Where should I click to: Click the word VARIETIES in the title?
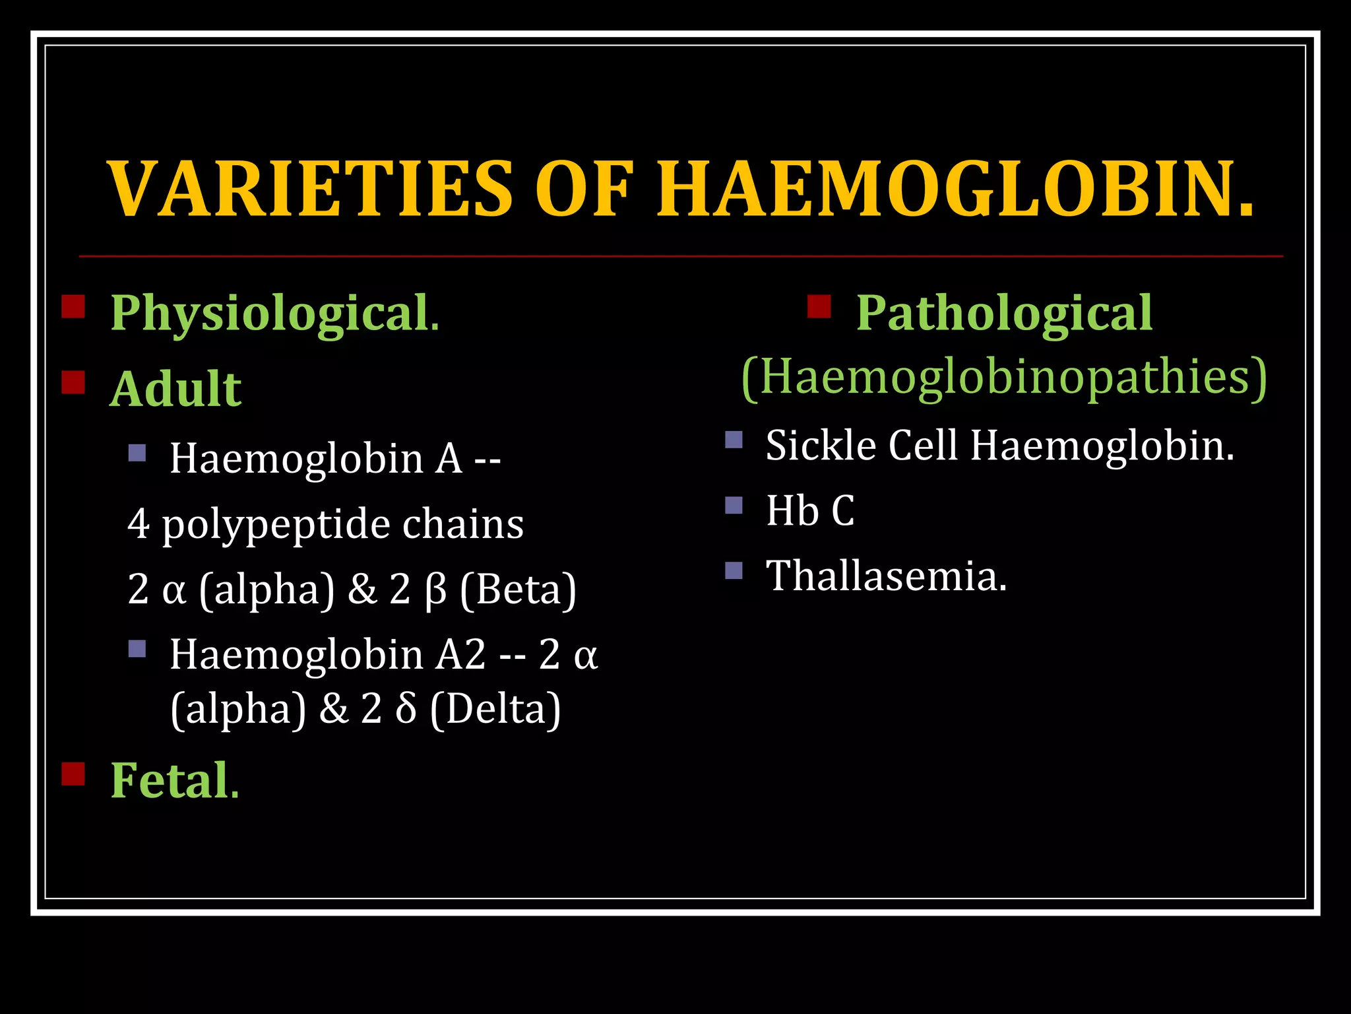(310, 189)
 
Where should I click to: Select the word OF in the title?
(583, 189)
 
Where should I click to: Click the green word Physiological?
(270, 313)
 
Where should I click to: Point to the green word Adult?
(175, 389)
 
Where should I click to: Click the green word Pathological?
(1004, 313)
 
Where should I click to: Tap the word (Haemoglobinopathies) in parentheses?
(1004, 376)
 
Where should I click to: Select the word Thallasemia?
(885, 576)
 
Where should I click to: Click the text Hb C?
(810, 510)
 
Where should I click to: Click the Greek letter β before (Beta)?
(436, 590)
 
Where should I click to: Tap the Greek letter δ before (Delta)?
(406, 709)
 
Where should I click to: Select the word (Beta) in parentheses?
(518, 590)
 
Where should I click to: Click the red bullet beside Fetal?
(73, 774)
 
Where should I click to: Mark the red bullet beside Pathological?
(819, 306)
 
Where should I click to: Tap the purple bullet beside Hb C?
(734, 505)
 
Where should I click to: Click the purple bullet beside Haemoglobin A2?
(137, 648)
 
